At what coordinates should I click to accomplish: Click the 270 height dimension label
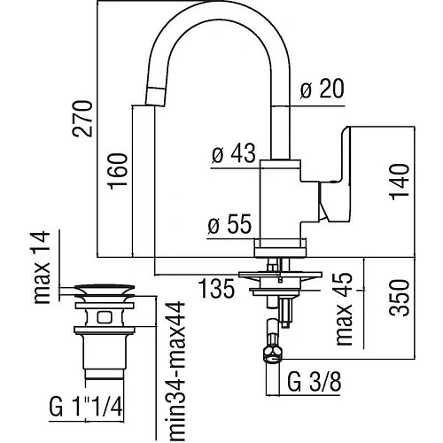(83, 119)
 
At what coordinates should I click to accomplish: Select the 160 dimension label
(118, 172)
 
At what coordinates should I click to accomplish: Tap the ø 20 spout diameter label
(323, 88)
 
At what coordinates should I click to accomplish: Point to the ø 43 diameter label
(234, 153)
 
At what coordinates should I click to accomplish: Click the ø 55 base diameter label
(229, 223)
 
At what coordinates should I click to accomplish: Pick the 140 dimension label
(400, 182)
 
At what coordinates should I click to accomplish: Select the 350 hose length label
(400, 298)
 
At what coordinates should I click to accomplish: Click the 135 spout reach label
(216, 288)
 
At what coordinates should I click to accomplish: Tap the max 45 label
(345, 308)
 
